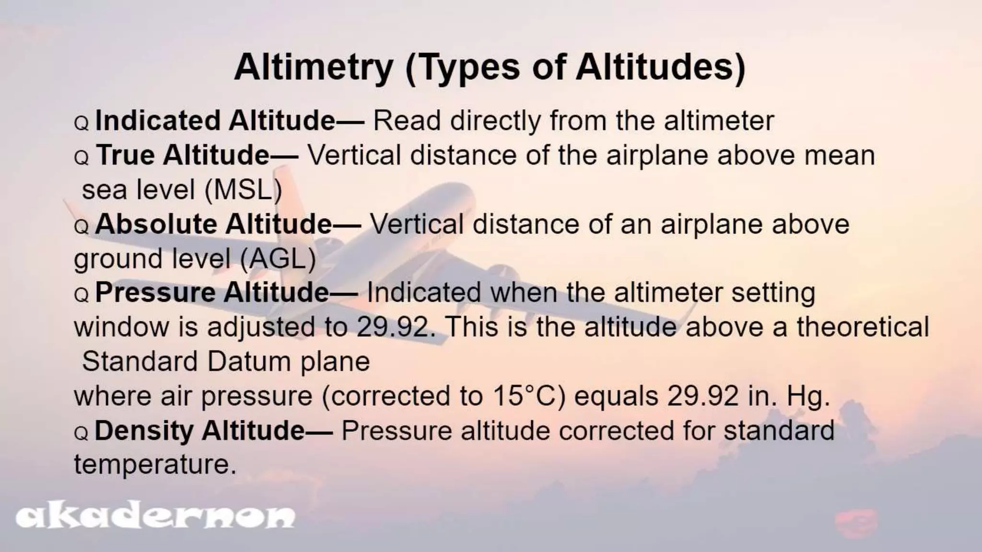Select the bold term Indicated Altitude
point(215,120)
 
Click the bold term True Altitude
point(183,155)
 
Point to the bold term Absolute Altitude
point(213,224)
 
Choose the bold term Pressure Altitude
point(212,292)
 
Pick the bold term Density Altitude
point(199,430)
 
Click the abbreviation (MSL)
point(243,190)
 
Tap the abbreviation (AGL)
point(278,259)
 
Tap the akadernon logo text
point(155,517)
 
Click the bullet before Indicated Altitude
point(82,123)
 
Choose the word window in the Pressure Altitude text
point(122,327)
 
